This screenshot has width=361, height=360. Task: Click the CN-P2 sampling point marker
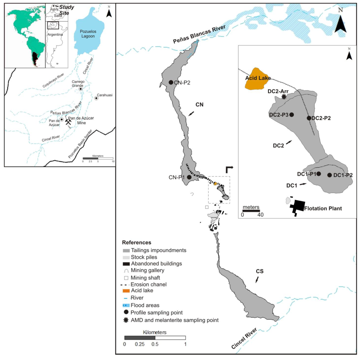pyautogui.click(x=171, y=82)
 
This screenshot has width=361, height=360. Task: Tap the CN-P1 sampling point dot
pyautogui.click(x=189, y=177)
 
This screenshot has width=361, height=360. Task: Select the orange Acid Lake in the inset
pyautogui.click(x=257, y=78)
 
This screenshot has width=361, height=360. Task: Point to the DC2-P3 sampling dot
pyautogui.click(x=292, y=114)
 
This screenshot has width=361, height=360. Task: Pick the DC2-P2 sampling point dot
pyautogui.click(x=309, y=118)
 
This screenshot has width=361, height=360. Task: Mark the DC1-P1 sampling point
pyautogui.click(x=319, y=173)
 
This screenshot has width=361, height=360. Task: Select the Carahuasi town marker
pyautogui.click(x=96, y=98)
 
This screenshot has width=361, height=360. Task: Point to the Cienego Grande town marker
pyautogui.click(x=81, y=89)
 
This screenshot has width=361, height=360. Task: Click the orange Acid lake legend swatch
pyautogui.click(x=126, y=291)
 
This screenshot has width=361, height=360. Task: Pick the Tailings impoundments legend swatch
pyautogui.click(x=126, y=250)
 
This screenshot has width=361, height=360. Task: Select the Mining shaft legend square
pyautogui.click(x=126, y=277)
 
